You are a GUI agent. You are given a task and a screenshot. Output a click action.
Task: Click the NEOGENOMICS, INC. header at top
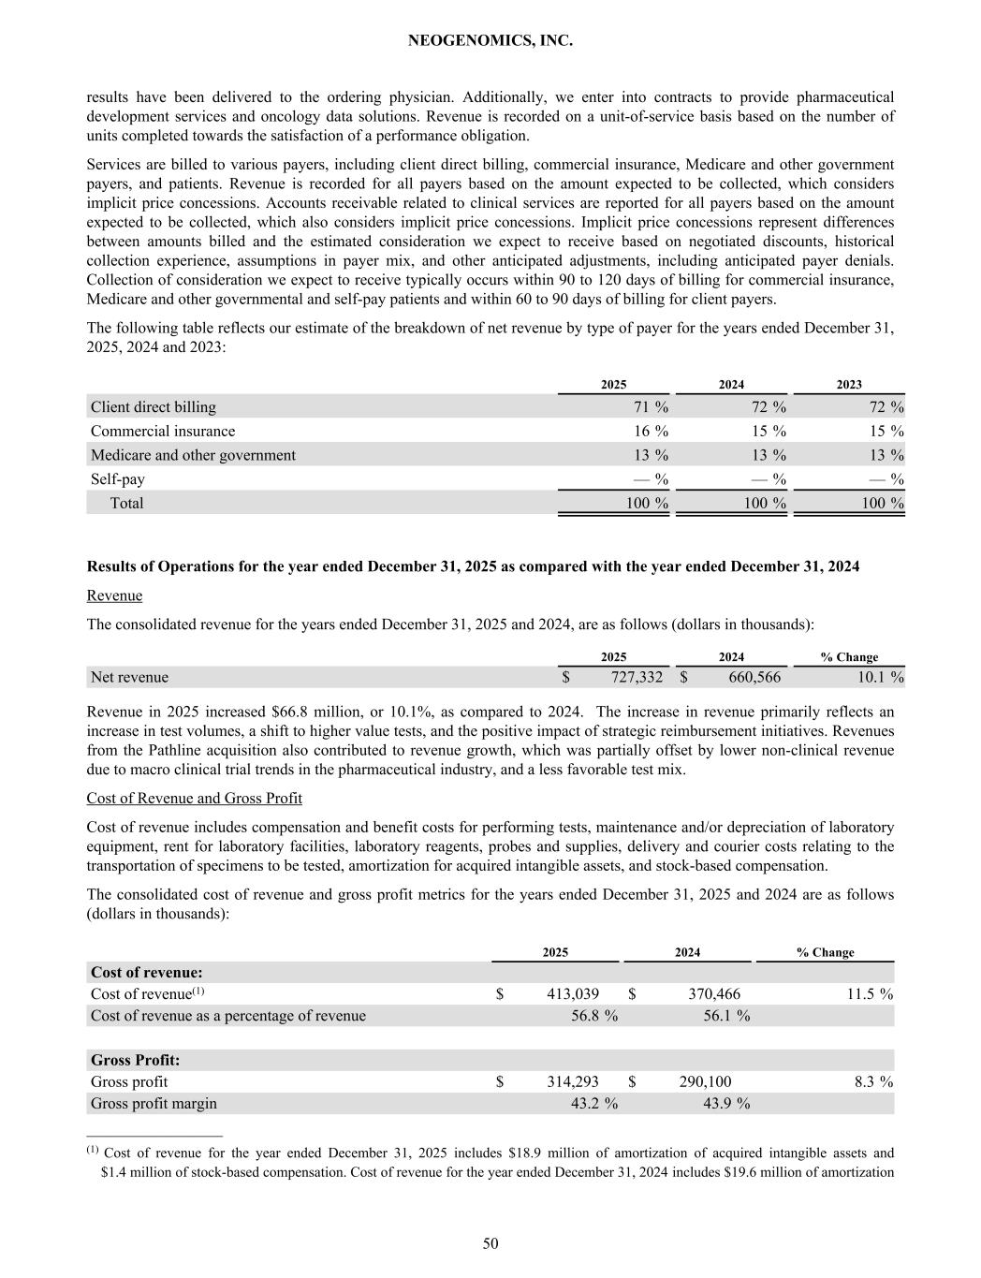[x=490, y=41]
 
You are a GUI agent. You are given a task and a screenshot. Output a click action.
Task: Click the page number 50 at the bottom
[x=490, y=1243]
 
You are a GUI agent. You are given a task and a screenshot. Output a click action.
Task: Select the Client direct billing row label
[x=153, y=407]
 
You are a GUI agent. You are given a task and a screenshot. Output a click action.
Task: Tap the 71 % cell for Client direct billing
[x=649, y=407]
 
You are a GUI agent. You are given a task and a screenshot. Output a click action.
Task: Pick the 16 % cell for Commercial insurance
[x=649, y=431]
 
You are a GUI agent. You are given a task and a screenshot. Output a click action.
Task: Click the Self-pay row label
[x=118, y=478]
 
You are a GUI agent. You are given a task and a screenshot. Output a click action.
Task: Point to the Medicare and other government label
[x=193, y=455]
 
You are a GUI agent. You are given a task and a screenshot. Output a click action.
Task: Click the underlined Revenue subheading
[x=114, y=595]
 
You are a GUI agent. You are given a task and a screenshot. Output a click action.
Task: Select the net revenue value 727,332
[x=633, y=677]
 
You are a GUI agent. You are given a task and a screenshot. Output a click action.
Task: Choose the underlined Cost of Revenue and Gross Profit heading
[x=194, y=798]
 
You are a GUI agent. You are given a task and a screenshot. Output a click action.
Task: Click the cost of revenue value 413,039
[x=573, y=993]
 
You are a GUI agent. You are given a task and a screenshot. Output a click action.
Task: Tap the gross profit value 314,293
[x=573, y=1081]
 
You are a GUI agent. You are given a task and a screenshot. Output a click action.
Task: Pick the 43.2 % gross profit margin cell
[x=593, y=1103]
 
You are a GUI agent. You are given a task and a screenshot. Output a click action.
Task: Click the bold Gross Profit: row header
[x=135, y=1060]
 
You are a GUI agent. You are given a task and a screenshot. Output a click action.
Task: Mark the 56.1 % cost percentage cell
[x=725, y=1015]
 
